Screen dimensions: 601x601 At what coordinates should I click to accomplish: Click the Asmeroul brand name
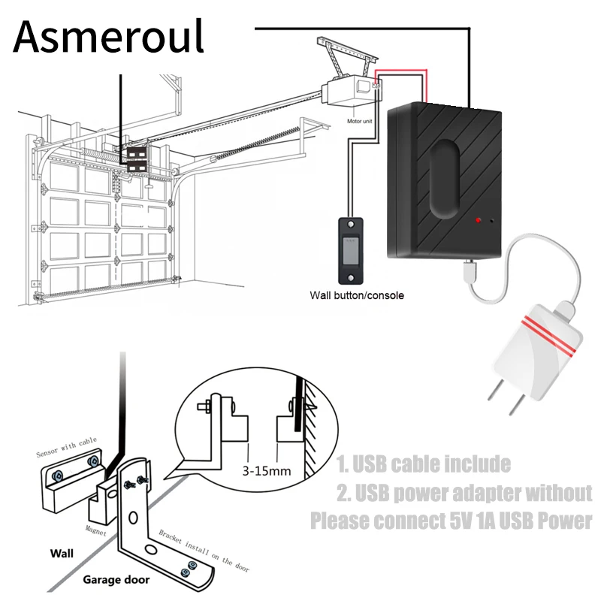tap(109, 35)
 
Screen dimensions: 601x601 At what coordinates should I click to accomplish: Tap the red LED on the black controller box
tap(476, 221)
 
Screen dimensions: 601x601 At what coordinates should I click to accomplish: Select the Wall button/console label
tap(357, 295)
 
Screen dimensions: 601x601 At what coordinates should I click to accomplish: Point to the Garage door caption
tap(116, 579)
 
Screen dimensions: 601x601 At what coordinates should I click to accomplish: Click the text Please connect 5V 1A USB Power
tap(451, 520)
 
